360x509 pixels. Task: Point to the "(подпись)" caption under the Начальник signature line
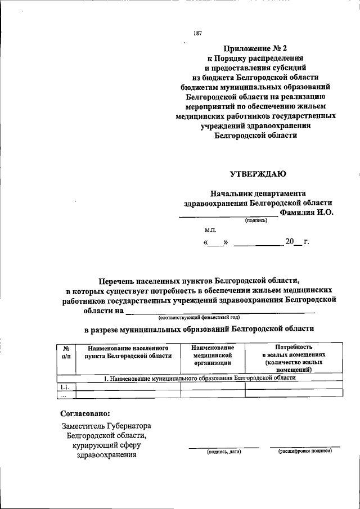255,220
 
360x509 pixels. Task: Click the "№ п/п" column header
65,352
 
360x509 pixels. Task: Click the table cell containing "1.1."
65,386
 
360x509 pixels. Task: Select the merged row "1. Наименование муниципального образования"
200,379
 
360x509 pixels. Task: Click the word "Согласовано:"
85,413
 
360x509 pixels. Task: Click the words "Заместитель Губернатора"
106,427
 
